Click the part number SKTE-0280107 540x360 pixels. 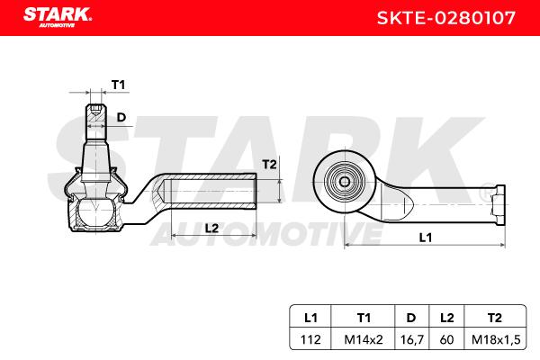pyautogui.click(x=446, y=18)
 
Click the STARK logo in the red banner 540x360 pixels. pyautogui.click(x=58, y=17)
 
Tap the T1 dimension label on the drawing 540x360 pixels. pyautogui.click(x=118, y=85)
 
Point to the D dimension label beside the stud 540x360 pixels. pyautogui.click(x=121, y=118)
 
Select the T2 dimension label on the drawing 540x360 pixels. pyautogui.click(x=269, y=165)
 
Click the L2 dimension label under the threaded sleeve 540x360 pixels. pyautogui.click(x=211, y=228)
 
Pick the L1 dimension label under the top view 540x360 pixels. pyautogui.click(x=426, y=238)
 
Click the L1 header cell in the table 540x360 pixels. pyautogui.click(x=310, y=318)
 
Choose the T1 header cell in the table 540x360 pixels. pyautogui.click(x=364, y=318)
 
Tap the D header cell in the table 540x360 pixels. pyautogui.click(x=411, y=318)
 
